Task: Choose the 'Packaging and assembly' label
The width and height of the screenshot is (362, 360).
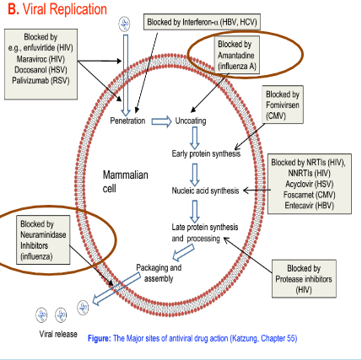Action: click(x=159, y=272)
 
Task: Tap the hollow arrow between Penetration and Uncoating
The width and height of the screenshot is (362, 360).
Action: click(x=159, y=121)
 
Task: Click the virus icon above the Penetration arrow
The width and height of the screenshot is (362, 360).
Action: click(x=126, y=22)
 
